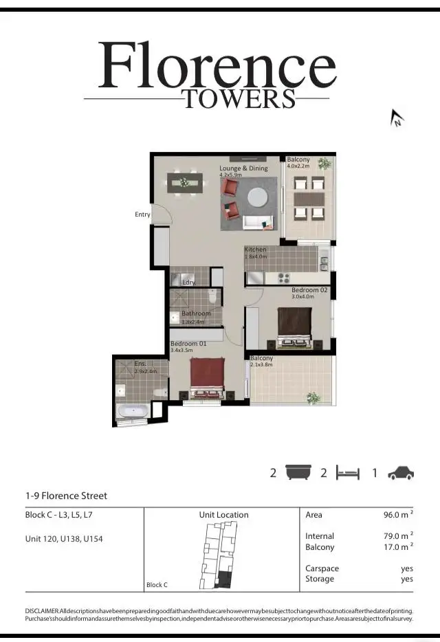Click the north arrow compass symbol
(397, 118)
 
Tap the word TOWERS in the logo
(239, 99)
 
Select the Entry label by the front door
(142, 214)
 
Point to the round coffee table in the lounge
(258, 197)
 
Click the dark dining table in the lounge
(184, 183)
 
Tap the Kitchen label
(255, 250)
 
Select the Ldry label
(188, 283)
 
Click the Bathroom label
(196, 313)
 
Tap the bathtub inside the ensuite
(133, 411)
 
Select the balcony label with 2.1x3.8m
(261, 358)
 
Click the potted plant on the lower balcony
(313, 398)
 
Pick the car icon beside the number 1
(401, 473)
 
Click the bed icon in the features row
(347, 473)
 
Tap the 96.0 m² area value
(397, 515)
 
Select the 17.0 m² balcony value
(397, 547)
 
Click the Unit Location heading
(224, 515)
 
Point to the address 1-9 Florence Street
(66, 496)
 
